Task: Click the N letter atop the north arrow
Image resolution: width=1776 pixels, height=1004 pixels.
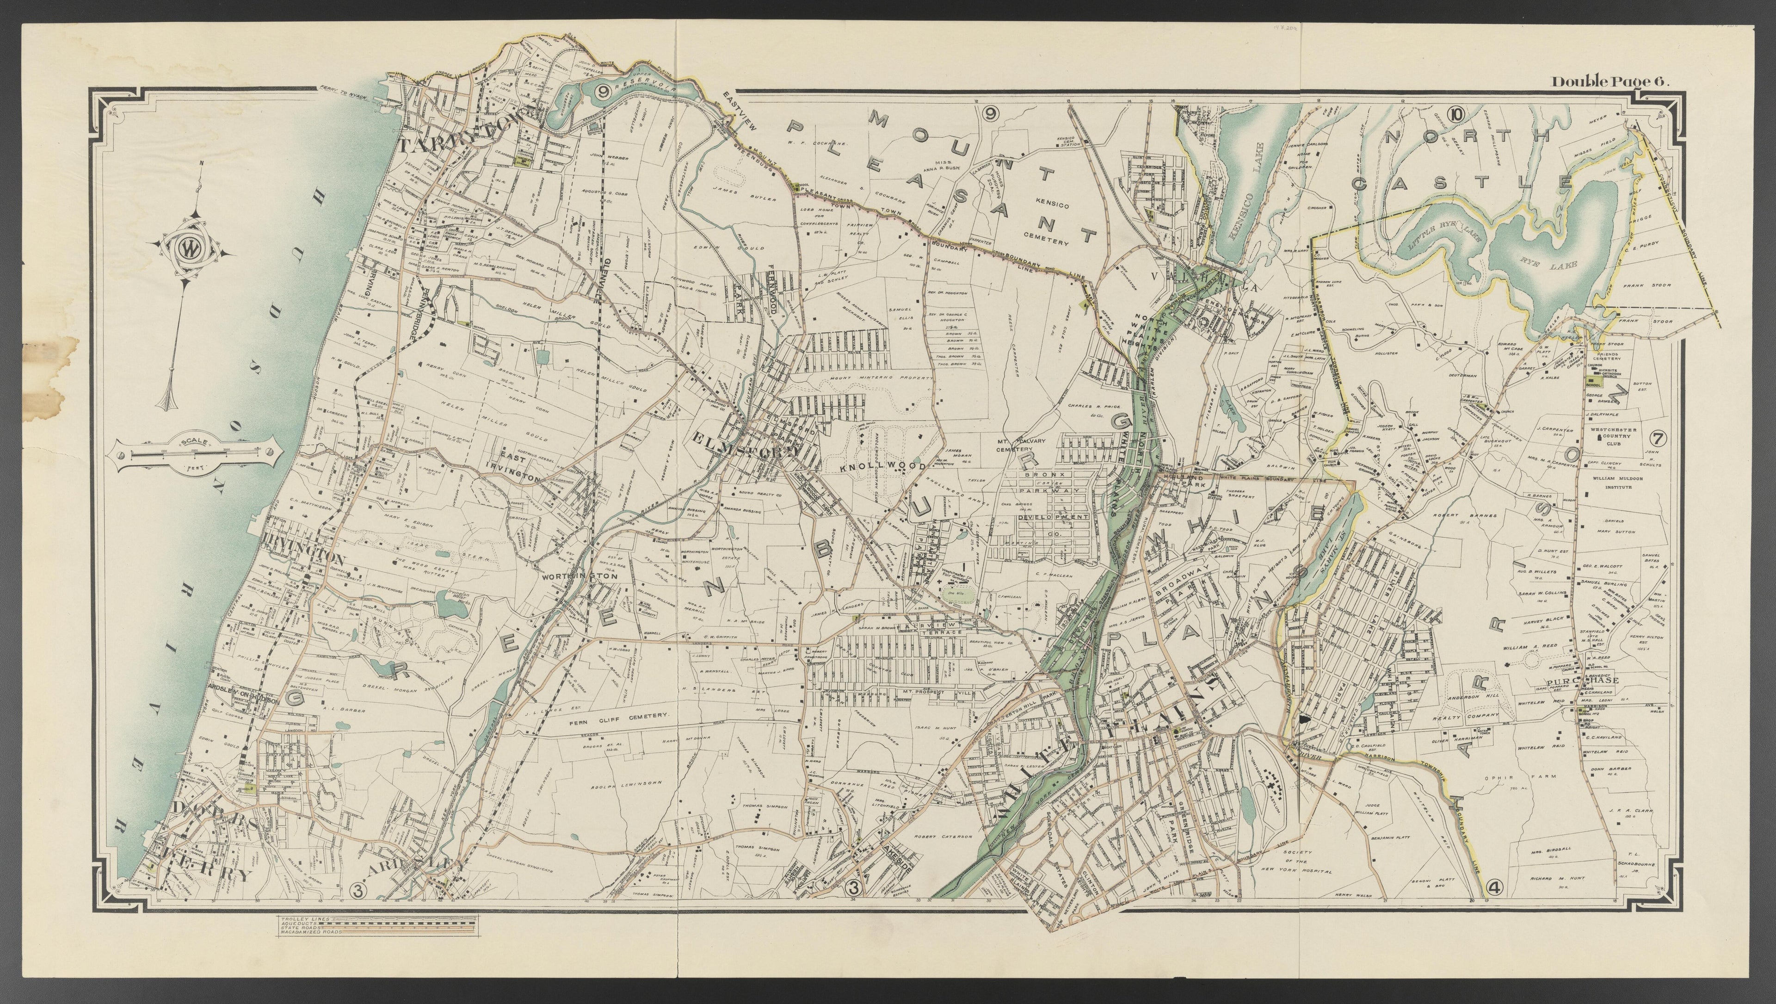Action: pos(201,163)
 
